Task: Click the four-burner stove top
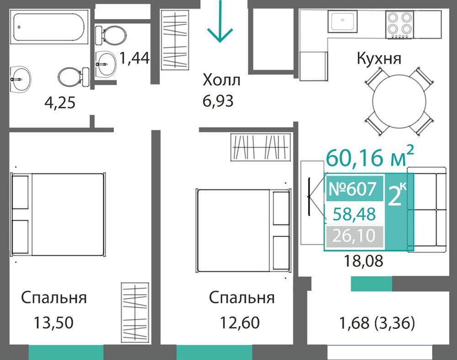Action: pyautogui.click(x=399, y=25)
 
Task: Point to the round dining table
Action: pyautogui.click(x=399, y=101)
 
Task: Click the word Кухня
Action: pyautogui.click(x=379, y=58)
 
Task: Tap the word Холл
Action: pyautogui.click(x=222, y=80)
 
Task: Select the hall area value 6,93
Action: pyautogui.click(x=218, y=101)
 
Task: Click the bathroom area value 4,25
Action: pyautogui.click(x=60, y=102)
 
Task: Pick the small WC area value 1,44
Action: pyautogui.click(x=134, y=58)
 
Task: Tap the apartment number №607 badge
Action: pyautogui.click(x=355, y=188)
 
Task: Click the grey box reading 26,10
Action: pyautogui.click(x=355, y=236)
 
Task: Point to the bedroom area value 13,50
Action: pyautogui.click(x=53, y=322)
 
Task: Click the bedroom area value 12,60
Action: pyautogui.click(x=239, y=322)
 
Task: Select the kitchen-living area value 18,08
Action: pyautogui.click(x=363, y=261)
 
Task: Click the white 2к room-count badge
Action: pyautogui.click(x=398, y=193)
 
